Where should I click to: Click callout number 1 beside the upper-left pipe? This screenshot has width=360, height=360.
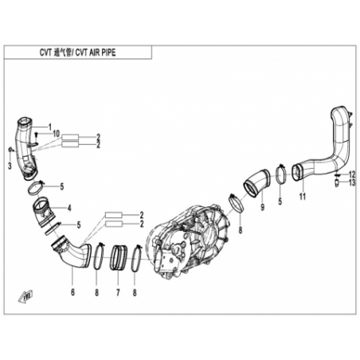[x=50, y=127]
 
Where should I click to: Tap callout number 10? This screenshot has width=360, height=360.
[x=57, y=134]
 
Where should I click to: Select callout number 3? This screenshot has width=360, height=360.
[x=10, y=166]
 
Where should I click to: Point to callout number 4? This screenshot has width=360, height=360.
[x=69, y=208]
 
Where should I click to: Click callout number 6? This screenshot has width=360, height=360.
[x=72, y=292]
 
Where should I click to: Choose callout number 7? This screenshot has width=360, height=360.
[x=118, y=292]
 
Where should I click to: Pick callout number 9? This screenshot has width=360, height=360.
[x=263, y=207]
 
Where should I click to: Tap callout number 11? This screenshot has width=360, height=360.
[x=303, y=197]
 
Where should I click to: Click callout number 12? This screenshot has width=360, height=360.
[x=352, y=174]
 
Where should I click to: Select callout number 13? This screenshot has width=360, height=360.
[x=352, y=182]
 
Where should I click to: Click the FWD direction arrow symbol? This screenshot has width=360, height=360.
[x=25, y=296]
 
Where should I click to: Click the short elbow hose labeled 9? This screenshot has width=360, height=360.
[x=256, y=183]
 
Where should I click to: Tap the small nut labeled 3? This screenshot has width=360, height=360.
[x=10, y=150]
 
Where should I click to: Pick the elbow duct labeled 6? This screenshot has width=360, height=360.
[x=72, y=252]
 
